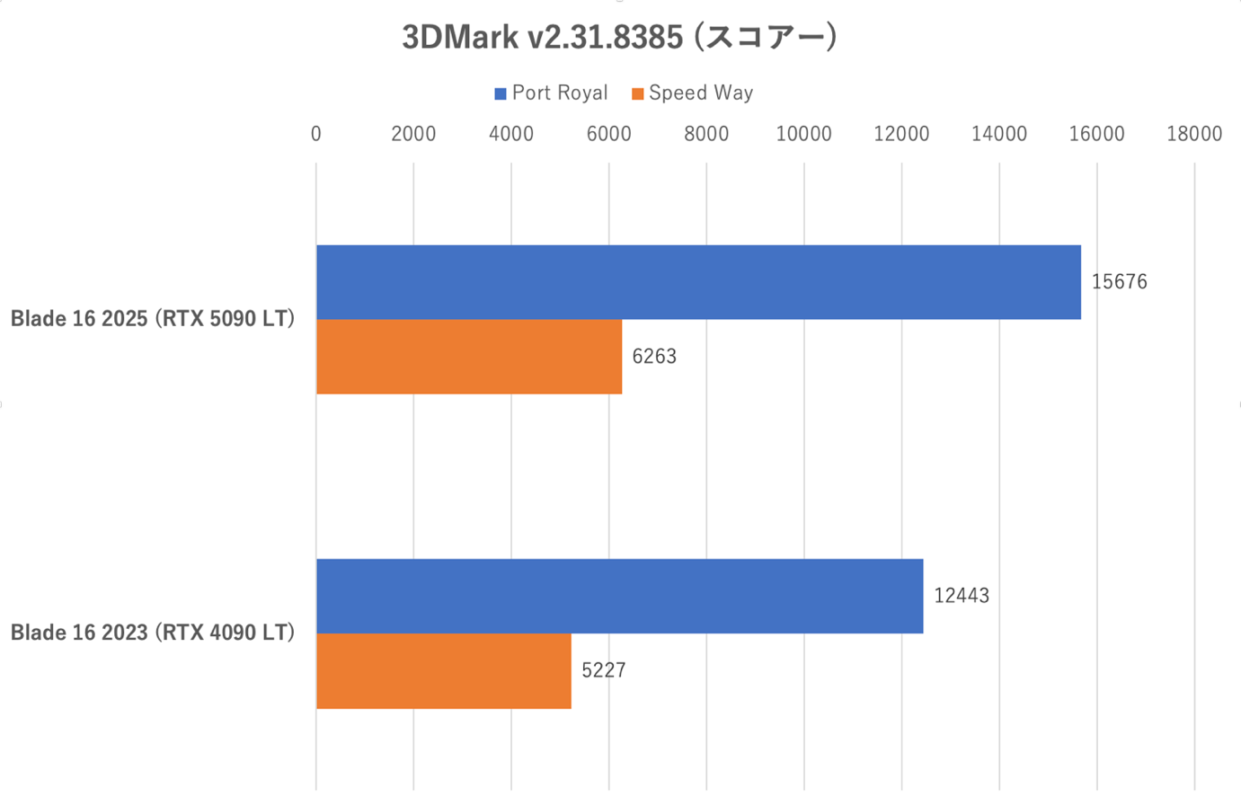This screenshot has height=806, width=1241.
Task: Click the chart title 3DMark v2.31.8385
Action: (x=619, y=38)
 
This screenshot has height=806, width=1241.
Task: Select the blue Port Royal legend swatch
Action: (x=501, y=93)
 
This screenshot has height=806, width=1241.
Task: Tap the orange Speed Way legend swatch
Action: (x=637, y=93)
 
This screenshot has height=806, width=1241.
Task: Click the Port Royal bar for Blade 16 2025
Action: (x=698, y=282)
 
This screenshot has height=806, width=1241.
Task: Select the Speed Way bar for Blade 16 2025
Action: (x=468, y=357)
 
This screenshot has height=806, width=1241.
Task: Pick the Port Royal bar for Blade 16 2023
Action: (x=619, y=596)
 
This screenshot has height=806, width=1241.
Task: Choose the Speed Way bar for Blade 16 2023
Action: (x=443, y=671)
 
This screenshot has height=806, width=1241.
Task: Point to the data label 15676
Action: (x=1119, y=282)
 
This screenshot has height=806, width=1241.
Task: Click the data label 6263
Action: (x=654, y=357)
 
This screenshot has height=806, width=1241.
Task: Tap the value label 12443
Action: (x=961, y=596)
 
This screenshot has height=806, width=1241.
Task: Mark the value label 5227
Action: (x=604, y=671)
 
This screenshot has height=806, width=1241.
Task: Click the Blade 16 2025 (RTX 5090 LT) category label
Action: (x=153, y=319)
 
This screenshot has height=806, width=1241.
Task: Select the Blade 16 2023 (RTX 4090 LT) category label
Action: (x=153, y=633)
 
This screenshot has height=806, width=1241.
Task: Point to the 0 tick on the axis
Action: (x=315, y=134)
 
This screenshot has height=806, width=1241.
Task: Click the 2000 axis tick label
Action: (x=413, y=134)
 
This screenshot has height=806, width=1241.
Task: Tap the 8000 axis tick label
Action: (x=706, y=134)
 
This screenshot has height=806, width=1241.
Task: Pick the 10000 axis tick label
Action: (x=803, y=134)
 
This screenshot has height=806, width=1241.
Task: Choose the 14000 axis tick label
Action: (x=999, y=134)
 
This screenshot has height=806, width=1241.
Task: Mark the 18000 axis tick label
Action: (x=1194, y=134)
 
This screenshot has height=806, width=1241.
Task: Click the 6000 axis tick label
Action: (x=608, y=134)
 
